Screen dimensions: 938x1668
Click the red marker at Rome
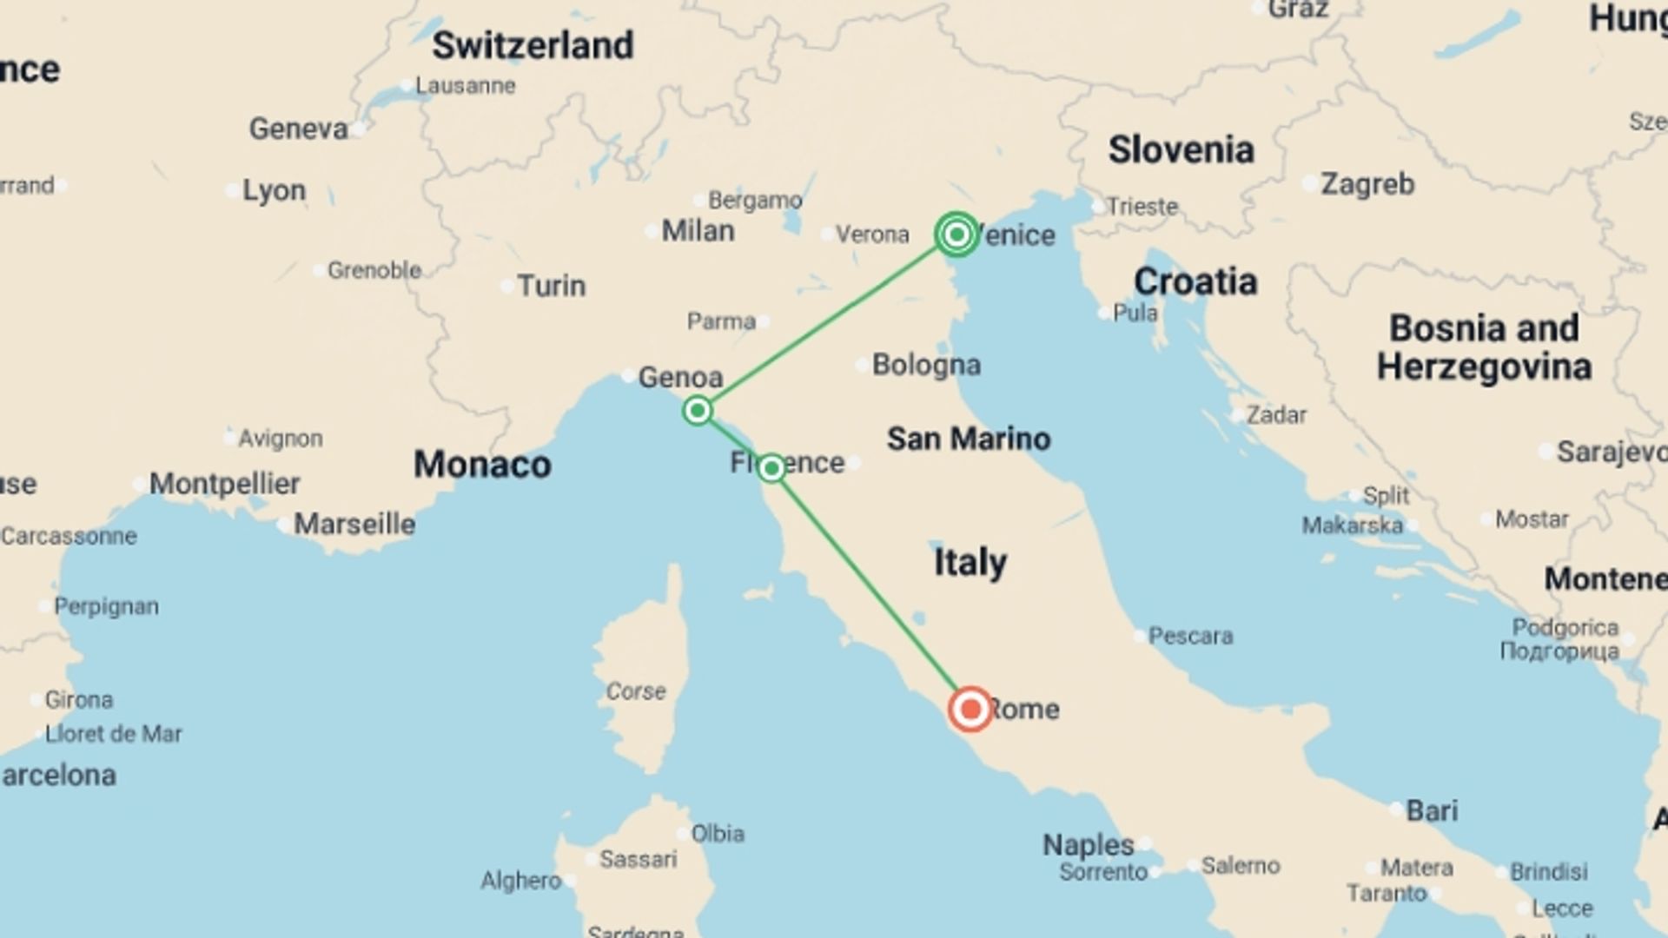point(970,710)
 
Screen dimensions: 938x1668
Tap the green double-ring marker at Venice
point(956,234)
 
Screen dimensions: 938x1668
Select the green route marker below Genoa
point(698,410)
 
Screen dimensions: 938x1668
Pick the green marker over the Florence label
point(771,469)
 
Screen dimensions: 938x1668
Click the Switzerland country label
point(533,46)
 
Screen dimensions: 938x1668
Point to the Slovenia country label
point(1181,150)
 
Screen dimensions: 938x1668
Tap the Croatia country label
point(1195,281)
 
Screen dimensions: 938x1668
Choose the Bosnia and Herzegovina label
point(1484,347)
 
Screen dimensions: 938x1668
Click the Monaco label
point(482,465)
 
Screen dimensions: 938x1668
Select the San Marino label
point(969,439)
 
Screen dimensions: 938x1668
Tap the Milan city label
point(698,231)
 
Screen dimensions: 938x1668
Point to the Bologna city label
point(926,365)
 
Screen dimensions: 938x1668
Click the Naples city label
point(1088,844)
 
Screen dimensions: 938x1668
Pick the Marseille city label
point(354,525)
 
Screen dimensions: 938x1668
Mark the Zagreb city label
point(1367,184)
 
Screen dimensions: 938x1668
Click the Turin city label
point(551,286)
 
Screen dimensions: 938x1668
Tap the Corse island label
point(636,691)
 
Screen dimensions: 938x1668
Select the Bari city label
point(1432,810)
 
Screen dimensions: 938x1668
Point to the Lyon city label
point(274,190)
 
